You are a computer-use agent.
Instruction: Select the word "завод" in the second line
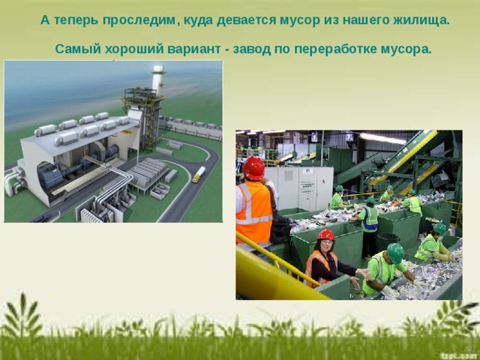pos(252,49)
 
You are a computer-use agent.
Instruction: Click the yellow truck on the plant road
pos(198,175)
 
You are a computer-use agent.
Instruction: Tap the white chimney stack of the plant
pos(157,79)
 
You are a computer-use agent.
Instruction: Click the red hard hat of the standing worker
pos(254,168)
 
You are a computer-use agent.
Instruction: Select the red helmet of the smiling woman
pos(326,235)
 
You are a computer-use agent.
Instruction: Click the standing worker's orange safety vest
pos(253,211)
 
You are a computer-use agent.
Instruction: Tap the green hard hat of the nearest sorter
pos(395,253)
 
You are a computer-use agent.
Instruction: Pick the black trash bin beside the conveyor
pos(388,242)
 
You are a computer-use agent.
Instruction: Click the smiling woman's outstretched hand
pos(365,273)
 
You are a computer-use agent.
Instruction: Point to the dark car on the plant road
pos(40,218)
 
